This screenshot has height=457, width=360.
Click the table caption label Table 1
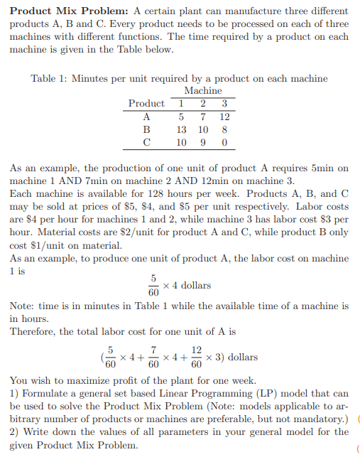pyautogui.click(x=50, y=78)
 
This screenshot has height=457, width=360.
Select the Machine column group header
pyautogui.click(x=202, y=90)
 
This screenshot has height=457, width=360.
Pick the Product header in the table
pyautogui.click(x=146, y=104)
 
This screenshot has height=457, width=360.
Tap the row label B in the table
pyautogui.click(x=146, y=130)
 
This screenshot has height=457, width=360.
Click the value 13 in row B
pyautogui.click(x=182, y=130)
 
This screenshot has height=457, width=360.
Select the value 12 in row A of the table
pyautogui.click(x=224, y=117)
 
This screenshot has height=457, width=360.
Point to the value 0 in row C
pyautogui.click(x=224, y=143)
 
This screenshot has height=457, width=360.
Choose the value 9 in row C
pyautogui.click(x=204, y=143)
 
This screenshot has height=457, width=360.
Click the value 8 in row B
pyautogui.click(x=224, y=130)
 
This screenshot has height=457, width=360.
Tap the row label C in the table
pyautogui.click(x=146, y=143)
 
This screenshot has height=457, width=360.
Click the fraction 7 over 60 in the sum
pyautogui.click(x=152, y=357)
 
